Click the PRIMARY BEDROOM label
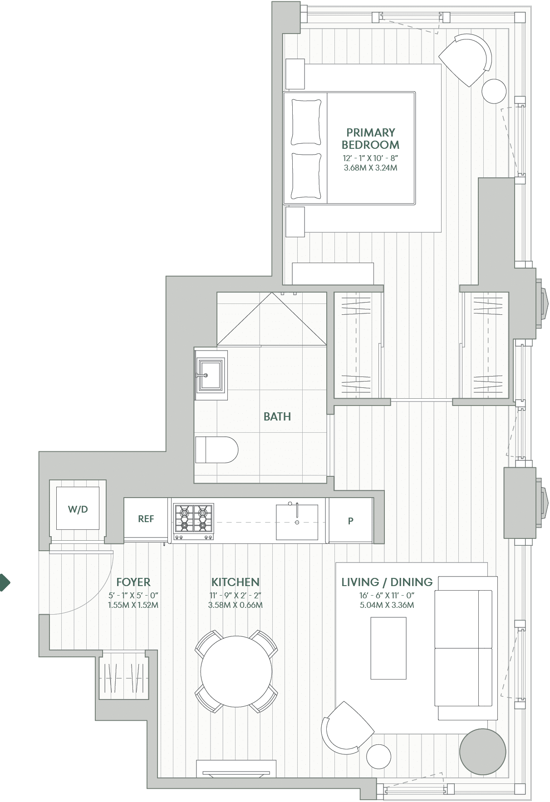tap(370, 139)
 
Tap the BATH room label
tap(277, 416)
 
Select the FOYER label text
tap(133, 582)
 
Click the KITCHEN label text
tap(235, 582)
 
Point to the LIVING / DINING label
tap(387, 582)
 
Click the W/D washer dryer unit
tap(78, 509)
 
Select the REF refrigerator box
tap(146, 519)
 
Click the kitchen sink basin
tap(297, 522)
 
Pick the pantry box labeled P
tap(350, 521)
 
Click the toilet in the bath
tap(216, 450)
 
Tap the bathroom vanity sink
tap(210, 375)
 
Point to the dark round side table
tap(482, 752)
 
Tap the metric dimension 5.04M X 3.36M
tap(387, 605)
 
